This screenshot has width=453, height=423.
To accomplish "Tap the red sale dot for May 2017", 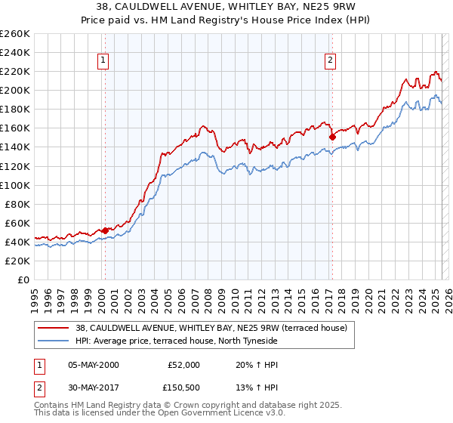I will pyautogui.click(x=332, y=137).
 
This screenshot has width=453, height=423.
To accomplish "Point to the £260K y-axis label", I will pyautogui.click(x=15, y=34).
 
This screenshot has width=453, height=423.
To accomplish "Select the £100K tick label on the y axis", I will pyautogui.click(x=15, y=185).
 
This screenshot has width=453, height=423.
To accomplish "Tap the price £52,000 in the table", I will pyautogui.click(x=183, y=365).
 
